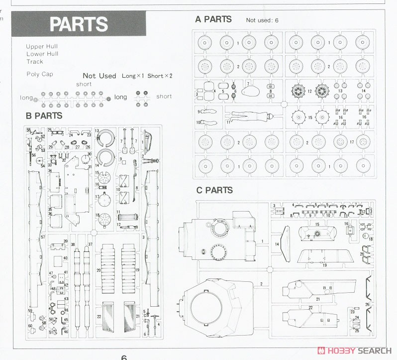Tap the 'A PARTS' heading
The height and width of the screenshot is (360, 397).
tap(213, 19)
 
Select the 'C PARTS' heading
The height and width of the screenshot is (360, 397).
tap(214, 190)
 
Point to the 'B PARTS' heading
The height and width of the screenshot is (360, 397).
tap(44, 116)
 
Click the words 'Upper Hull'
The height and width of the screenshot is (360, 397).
tap(42, 46)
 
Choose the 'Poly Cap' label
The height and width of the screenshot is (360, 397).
tap(39, 74)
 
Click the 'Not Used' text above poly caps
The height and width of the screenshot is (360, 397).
tap(99, 76)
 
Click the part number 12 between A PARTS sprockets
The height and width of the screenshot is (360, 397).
tap(309, 91)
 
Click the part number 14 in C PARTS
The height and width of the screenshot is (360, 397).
tap(277, 244)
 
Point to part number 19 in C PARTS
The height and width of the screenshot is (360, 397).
tap(324, 265)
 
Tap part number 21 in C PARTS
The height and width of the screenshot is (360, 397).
tap(317, 299)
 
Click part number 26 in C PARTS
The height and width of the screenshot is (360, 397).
tap(367, 304)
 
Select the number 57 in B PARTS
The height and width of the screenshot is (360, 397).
tap(43, 237)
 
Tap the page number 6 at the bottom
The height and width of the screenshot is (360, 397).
tap(124, 357)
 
